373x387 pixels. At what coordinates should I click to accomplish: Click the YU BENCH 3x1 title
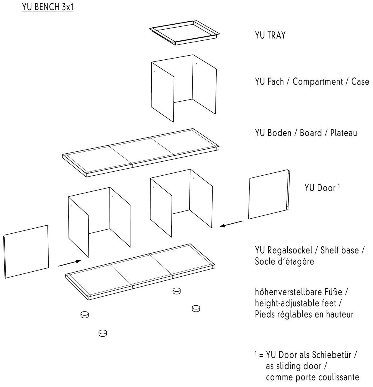coord(47,7)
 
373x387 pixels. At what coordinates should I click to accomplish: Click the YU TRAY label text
coord(270,35)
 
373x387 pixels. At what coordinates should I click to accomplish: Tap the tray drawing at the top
coord(184,32)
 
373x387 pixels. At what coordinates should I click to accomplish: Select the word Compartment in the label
coord(317,81)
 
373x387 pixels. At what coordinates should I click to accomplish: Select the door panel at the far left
coord(26,251)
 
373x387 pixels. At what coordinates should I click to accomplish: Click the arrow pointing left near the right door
coord(231,224)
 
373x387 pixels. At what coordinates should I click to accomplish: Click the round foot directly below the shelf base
coord(176,291)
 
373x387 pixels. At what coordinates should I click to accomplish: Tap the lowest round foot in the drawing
coord(102,333)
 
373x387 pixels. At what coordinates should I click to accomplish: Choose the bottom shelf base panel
coord(141,271)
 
